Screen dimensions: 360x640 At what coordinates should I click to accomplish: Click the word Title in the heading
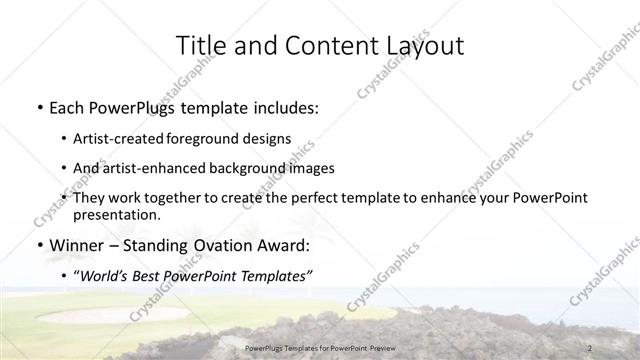(x=200, y=46)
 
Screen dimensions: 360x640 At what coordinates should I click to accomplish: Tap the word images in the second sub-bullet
(x=311, y=168)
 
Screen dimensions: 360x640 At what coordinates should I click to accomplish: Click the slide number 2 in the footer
(x=591, y=347)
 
